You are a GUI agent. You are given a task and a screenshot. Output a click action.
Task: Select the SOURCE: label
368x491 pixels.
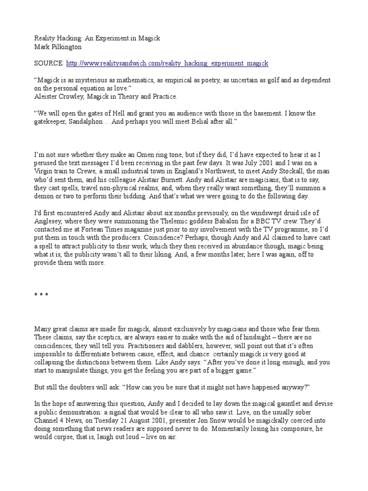coord(48,63)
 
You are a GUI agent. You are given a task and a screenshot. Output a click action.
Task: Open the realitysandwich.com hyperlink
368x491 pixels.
coord(167,63)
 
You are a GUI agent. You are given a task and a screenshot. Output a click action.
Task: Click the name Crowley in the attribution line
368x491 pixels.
coord(74,96)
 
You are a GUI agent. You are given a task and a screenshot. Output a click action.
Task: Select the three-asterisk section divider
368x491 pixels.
coord(41,296)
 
